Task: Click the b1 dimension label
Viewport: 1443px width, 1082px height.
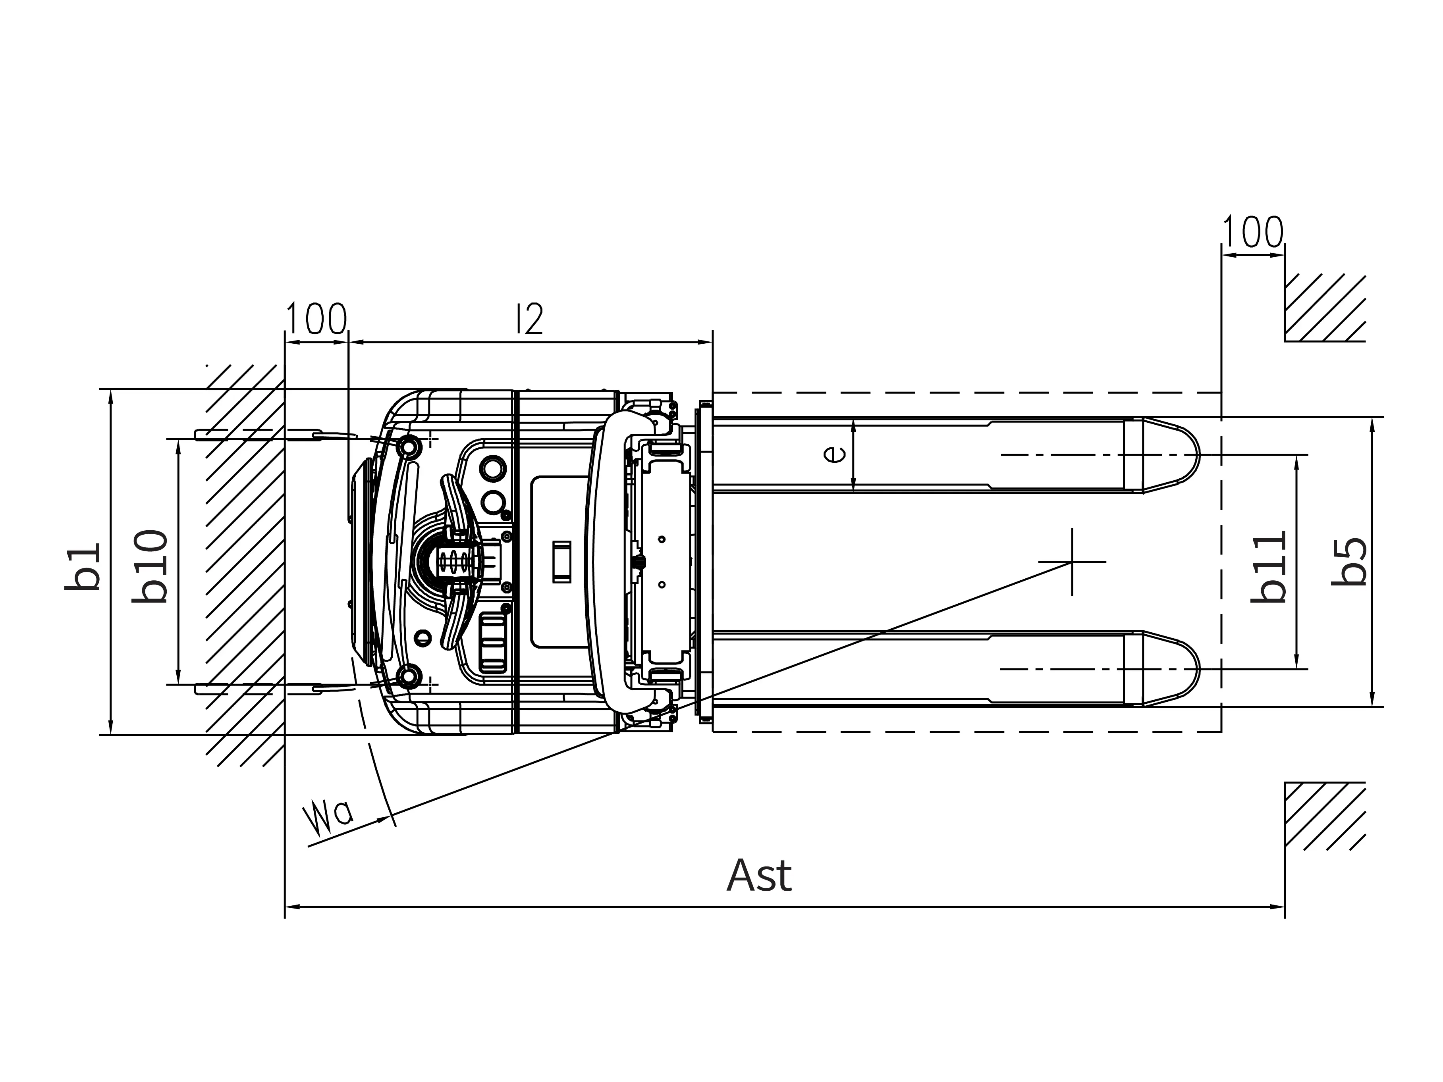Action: click(83, 567)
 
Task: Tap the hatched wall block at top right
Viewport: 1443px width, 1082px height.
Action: click(1324, 308)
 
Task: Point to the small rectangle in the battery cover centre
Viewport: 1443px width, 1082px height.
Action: click(561, 562)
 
